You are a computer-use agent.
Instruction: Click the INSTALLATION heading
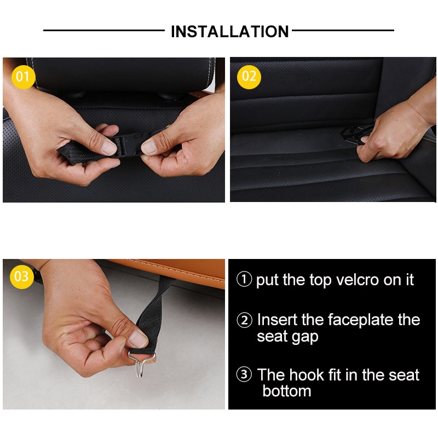229,31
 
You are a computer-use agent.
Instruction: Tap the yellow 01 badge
22,77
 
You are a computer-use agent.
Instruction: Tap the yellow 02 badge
249,77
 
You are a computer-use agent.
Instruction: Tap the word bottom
286,391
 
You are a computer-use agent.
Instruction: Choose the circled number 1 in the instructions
244,280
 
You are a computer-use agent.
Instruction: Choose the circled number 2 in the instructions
244,320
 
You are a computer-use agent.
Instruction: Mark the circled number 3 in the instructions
244,375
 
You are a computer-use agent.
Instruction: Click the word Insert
279,320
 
